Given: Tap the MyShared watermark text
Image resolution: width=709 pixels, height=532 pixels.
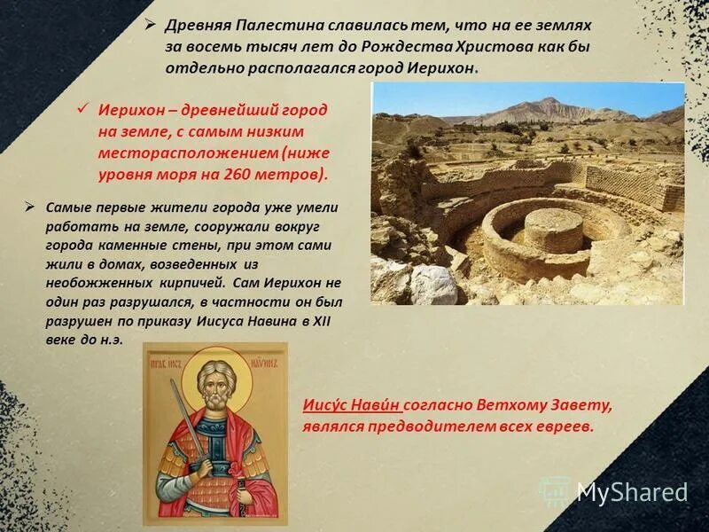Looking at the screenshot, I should pos(631,492).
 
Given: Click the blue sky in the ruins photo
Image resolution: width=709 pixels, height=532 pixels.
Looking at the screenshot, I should pos(443,96).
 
